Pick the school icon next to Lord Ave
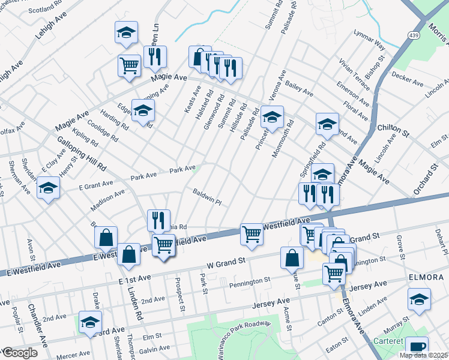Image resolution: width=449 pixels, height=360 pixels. [90, 324]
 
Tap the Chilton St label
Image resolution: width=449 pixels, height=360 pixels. [393, 128]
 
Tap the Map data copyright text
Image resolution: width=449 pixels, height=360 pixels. [423, 355]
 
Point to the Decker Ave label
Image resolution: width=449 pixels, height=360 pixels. [408, 78]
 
